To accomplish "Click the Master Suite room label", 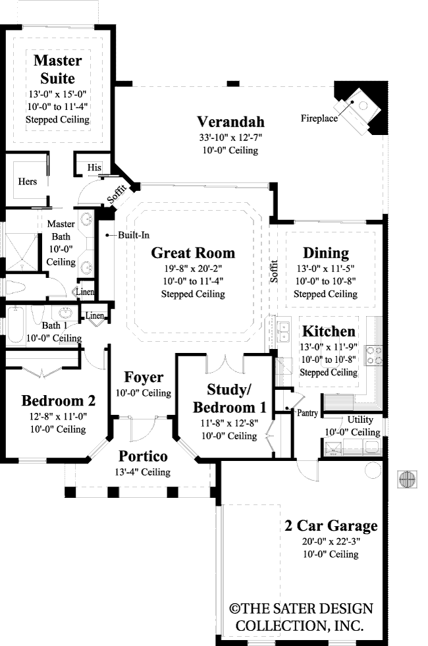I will pos(58,70).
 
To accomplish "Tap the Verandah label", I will pos(230,122).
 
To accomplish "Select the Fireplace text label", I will pos(319,119).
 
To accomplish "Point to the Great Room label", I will pos(193,253).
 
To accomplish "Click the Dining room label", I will pos(325,253).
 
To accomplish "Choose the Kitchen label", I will pos(329,332).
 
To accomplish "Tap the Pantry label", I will pos(308,414).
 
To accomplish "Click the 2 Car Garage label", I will pos(331,525).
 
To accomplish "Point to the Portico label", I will pos(143,456).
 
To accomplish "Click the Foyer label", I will pos(144,377).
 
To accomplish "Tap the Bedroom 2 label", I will pos(58,400).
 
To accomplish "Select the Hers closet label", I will pos(28,181).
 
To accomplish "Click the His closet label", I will pos(94,168).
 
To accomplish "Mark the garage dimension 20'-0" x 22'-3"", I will pos(331,541).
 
